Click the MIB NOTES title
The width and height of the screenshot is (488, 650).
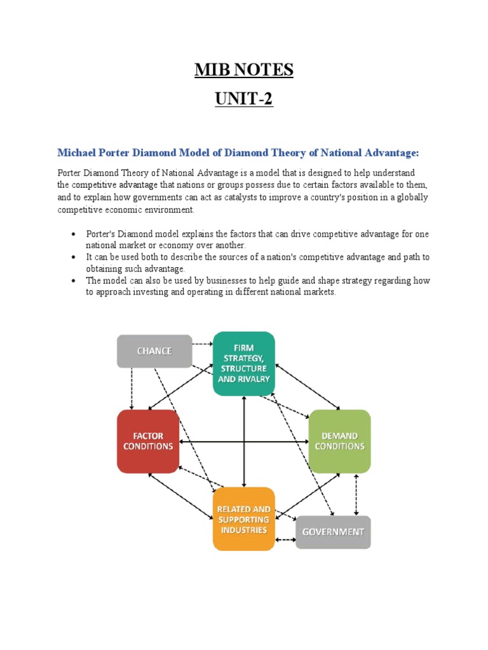[x=244, y=69]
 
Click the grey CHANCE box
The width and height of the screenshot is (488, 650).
[x=154, y=351]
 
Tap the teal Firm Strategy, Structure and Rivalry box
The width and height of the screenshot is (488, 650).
[x=244, y=363]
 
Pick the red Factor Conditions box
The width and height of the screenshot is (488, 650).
[x=148, y=441]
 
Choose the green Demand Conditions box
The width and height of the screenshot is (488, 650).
[x=339, y=441]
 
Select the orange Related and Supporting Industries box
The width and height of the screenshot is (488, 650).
[x=244, y=519]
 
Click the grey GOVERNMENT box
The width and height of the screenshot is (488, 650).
[x=333, y=532]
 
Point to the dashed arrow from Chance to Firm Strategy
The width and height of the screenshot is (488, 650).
[x=202, y=345]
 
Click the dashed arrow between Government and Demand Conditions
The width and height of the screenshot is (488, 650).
[x=356, y=494]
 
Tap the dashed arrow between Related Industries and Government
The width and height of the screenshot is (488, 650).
[x=285, y=540]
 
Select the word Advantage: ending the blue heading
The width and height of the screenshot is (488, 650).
[x=388, y=153]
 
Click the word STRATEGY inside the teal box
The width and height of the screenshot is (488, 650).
[x=244, y=357]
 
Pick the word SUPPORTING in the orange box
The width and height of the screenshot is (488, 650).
[x=244, y=519]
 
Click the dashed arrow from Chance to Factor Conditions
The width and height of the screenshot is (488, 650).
[x=132, y=388]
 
